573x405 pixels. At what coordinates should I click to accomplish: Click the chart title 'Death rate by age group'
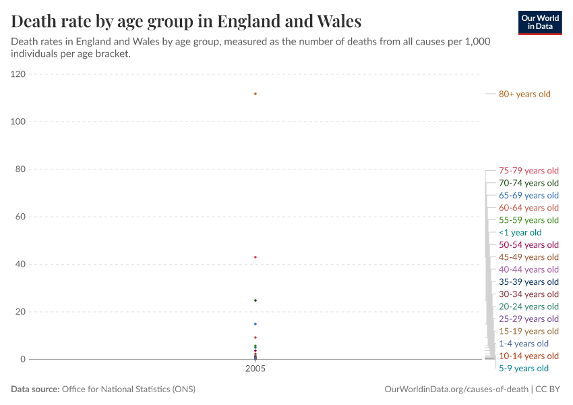(186, 21)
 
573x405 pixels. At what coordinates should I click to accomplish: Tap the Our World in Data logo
(539, 22)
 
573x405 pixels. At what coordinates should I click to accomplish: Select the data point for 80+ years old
(255, 93)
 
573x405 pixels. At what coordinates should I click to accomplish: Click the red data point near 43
(255, 257)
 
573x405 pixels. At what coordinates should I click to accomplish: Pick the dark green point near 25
(255, 300)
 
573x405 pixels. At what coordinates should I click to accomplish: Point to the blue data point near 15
(255, 324)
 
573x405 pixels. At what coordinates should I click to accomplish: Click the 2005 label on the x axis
(255, 369)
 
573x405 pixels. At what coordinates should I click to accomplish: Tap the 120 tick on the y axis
(18, 74)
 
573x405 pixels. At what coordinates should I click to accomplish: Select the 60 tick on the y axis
(20, 217)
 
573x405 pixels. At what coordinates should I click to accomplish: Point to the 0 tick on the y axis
(23, 359)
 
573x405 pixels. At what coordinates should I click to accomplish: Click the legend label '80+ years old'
(524, 94)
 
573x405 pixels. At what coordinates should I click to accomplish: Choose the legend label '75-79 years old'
(529, 171)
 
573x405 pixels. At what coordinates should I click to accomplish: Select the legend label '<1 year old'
(520, 232)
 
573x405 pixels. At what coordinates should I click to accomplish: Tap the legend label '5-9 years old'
(523, 368)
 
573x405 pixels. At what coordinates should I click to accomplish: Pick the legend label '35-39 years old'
(529, 281)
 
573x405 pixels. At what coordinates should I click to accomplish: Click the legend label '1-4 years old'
(523, 344)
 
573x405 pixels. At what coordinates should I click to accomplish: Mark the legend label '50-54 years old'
(529, 244)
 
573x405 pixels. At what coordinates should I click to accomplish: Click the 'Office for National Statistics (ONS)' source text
(128, 389)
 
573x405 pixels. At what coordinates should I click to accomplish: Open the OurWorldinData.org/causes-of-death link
(456, 389)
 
